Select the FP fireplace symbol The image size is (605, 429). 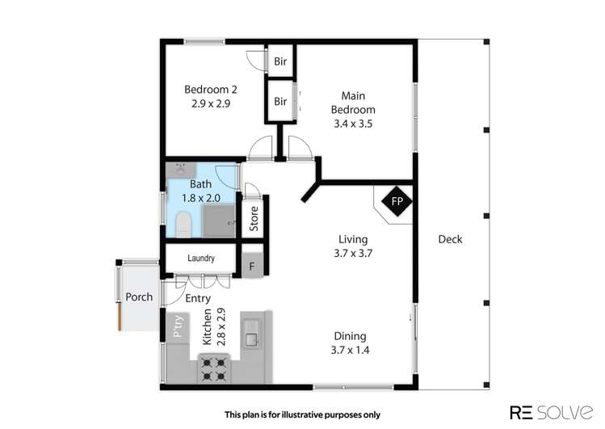(397, 201)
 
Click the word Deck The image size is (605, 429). (450, 239)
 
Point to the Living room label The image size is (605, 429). (353, 246)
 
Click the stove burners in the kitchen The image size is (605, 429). (214, 369)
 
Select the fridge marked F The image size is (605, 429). (252, 266)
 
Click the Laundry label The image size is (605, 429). (200, 259)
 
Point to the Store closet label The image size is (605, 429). (253, 220)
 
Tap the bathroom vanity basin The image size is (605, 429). (179, 170)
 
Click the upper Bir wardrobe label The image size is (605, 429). (280, 61)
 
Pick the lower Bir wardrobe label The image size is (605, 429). (280, 102)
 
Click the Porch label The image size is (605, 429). (139, 297)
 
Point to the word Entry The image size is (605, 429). (198, 299)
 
